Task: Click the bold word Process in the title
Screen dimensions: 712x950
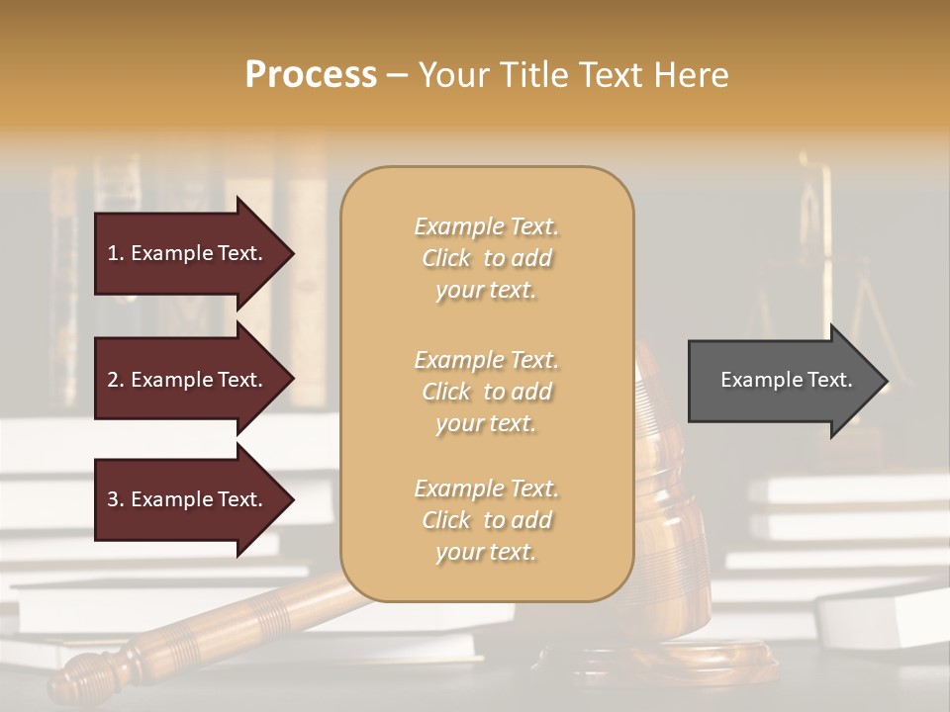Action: click(x=311, y=75)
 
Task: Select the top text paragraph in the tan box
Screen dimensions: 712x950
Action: click(x=487, y=258)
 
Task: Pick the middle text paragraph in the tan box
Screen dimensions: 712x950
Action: click(x=487, y=392)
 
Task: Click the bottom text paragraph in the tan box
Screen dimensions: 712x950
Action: click(x=487, y=520)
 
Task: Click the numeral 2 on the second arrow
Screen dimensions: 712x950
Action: click(x=112, y=380)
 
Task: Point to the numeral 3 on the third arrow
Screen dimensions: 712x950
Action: click(x=112, y=499)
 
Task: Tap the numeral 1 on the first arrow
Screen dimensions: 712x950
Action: click(x=112, y=253)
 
